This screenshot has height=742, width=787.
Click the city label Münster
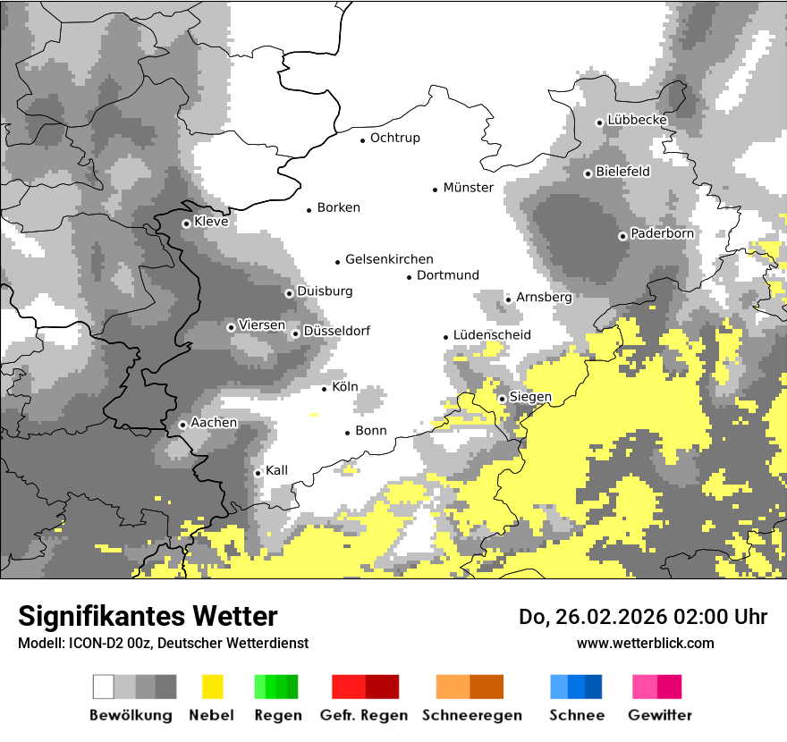pos(468,188)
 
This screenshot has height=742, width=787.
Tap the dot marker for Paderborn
pos(622,236)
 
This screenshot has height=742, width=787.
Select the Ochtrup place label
pos(394,139)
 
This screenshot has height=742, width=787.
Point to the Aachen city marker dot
pos(182,425)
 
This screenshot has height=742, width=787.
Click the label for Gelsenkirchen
pos(389,260)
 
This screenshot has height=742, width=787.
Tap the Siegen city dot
pos(503,399)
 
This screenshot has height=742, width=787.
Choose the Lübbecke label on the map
pos(637,120)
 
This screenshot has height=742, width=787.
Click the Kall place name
pos(276,470)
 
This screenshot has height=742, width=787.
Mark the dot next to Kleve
pos(186,223)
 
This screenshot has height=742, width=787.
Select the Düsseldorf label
pos(336,332)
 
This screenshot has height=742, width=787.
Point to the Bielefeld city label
pos(622,172)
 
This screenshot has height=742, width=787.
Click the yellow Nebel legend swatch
pos(212,687)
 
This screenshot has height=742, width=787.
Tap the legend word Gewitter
pos(660,715)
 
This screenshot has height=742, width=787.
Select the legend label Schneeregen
pos(472,715)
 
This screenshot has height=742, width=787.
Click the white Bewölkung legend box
pos(104,687)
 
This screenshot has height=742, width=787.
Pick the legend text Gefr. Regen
pos(364,715)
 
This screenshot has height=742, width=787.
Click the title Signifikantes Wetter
pos(148,616)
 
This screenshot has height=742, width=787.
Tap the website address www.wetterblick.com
pos(645,643)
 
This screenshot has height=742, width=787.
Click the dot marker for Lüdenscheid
pos(445,337)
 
